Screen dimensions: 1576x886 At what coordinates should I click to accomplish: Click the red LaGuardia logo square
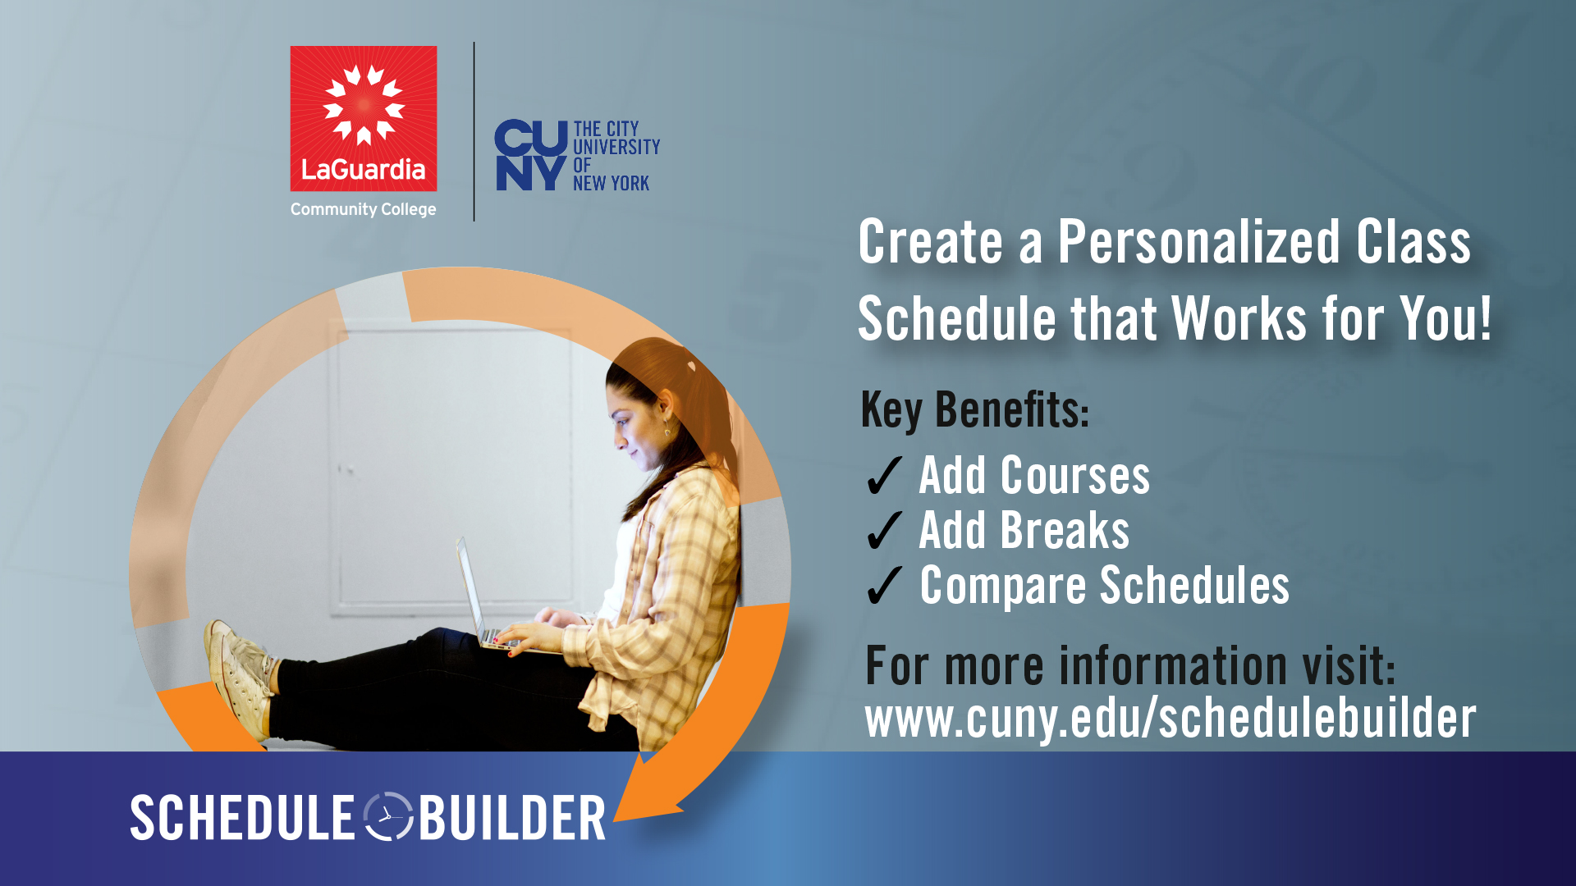pos(364,119)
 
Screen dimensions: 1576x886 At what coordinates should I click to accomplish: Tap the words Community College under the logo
pos(364,210)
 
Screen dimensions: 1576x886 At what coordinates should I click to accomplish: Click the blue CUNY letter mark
pos(531,156)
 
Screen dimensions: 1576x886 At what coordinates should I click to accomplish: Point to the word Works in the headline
pos(1239,318)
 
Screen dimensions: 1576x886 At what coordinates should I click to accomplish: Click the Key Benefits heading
pos(975,411)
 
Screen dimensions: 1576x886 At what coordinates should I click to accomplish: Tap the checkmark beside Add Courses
pos(885,476)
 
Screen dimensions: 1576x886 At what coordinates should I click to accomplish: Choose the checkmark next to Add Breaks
pos(885,531)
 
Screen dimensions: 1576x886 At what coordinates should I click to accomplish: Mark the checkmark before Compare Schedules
pos(885,586)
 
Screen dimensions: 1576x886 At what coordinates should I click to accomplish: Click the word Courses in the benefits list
pos(1075,476)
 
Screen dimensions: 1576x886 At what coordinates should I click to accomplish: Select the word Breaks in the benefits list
pos(1065,531)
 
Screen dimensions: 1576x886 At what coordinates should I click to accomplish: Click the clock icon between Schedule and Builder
pos(387,817)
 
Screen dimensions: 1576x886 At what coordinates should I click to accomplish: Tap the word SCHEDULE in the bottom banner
pos(242,818)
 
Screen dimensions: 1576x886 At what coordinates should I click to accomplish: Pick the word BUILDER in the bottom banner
pos(512,818)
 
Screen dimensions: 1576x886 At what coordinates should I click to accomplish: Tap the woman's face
pos(634,429)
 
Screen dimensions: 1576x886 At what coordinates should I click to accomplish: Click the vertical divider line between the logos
pos(474,131)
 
